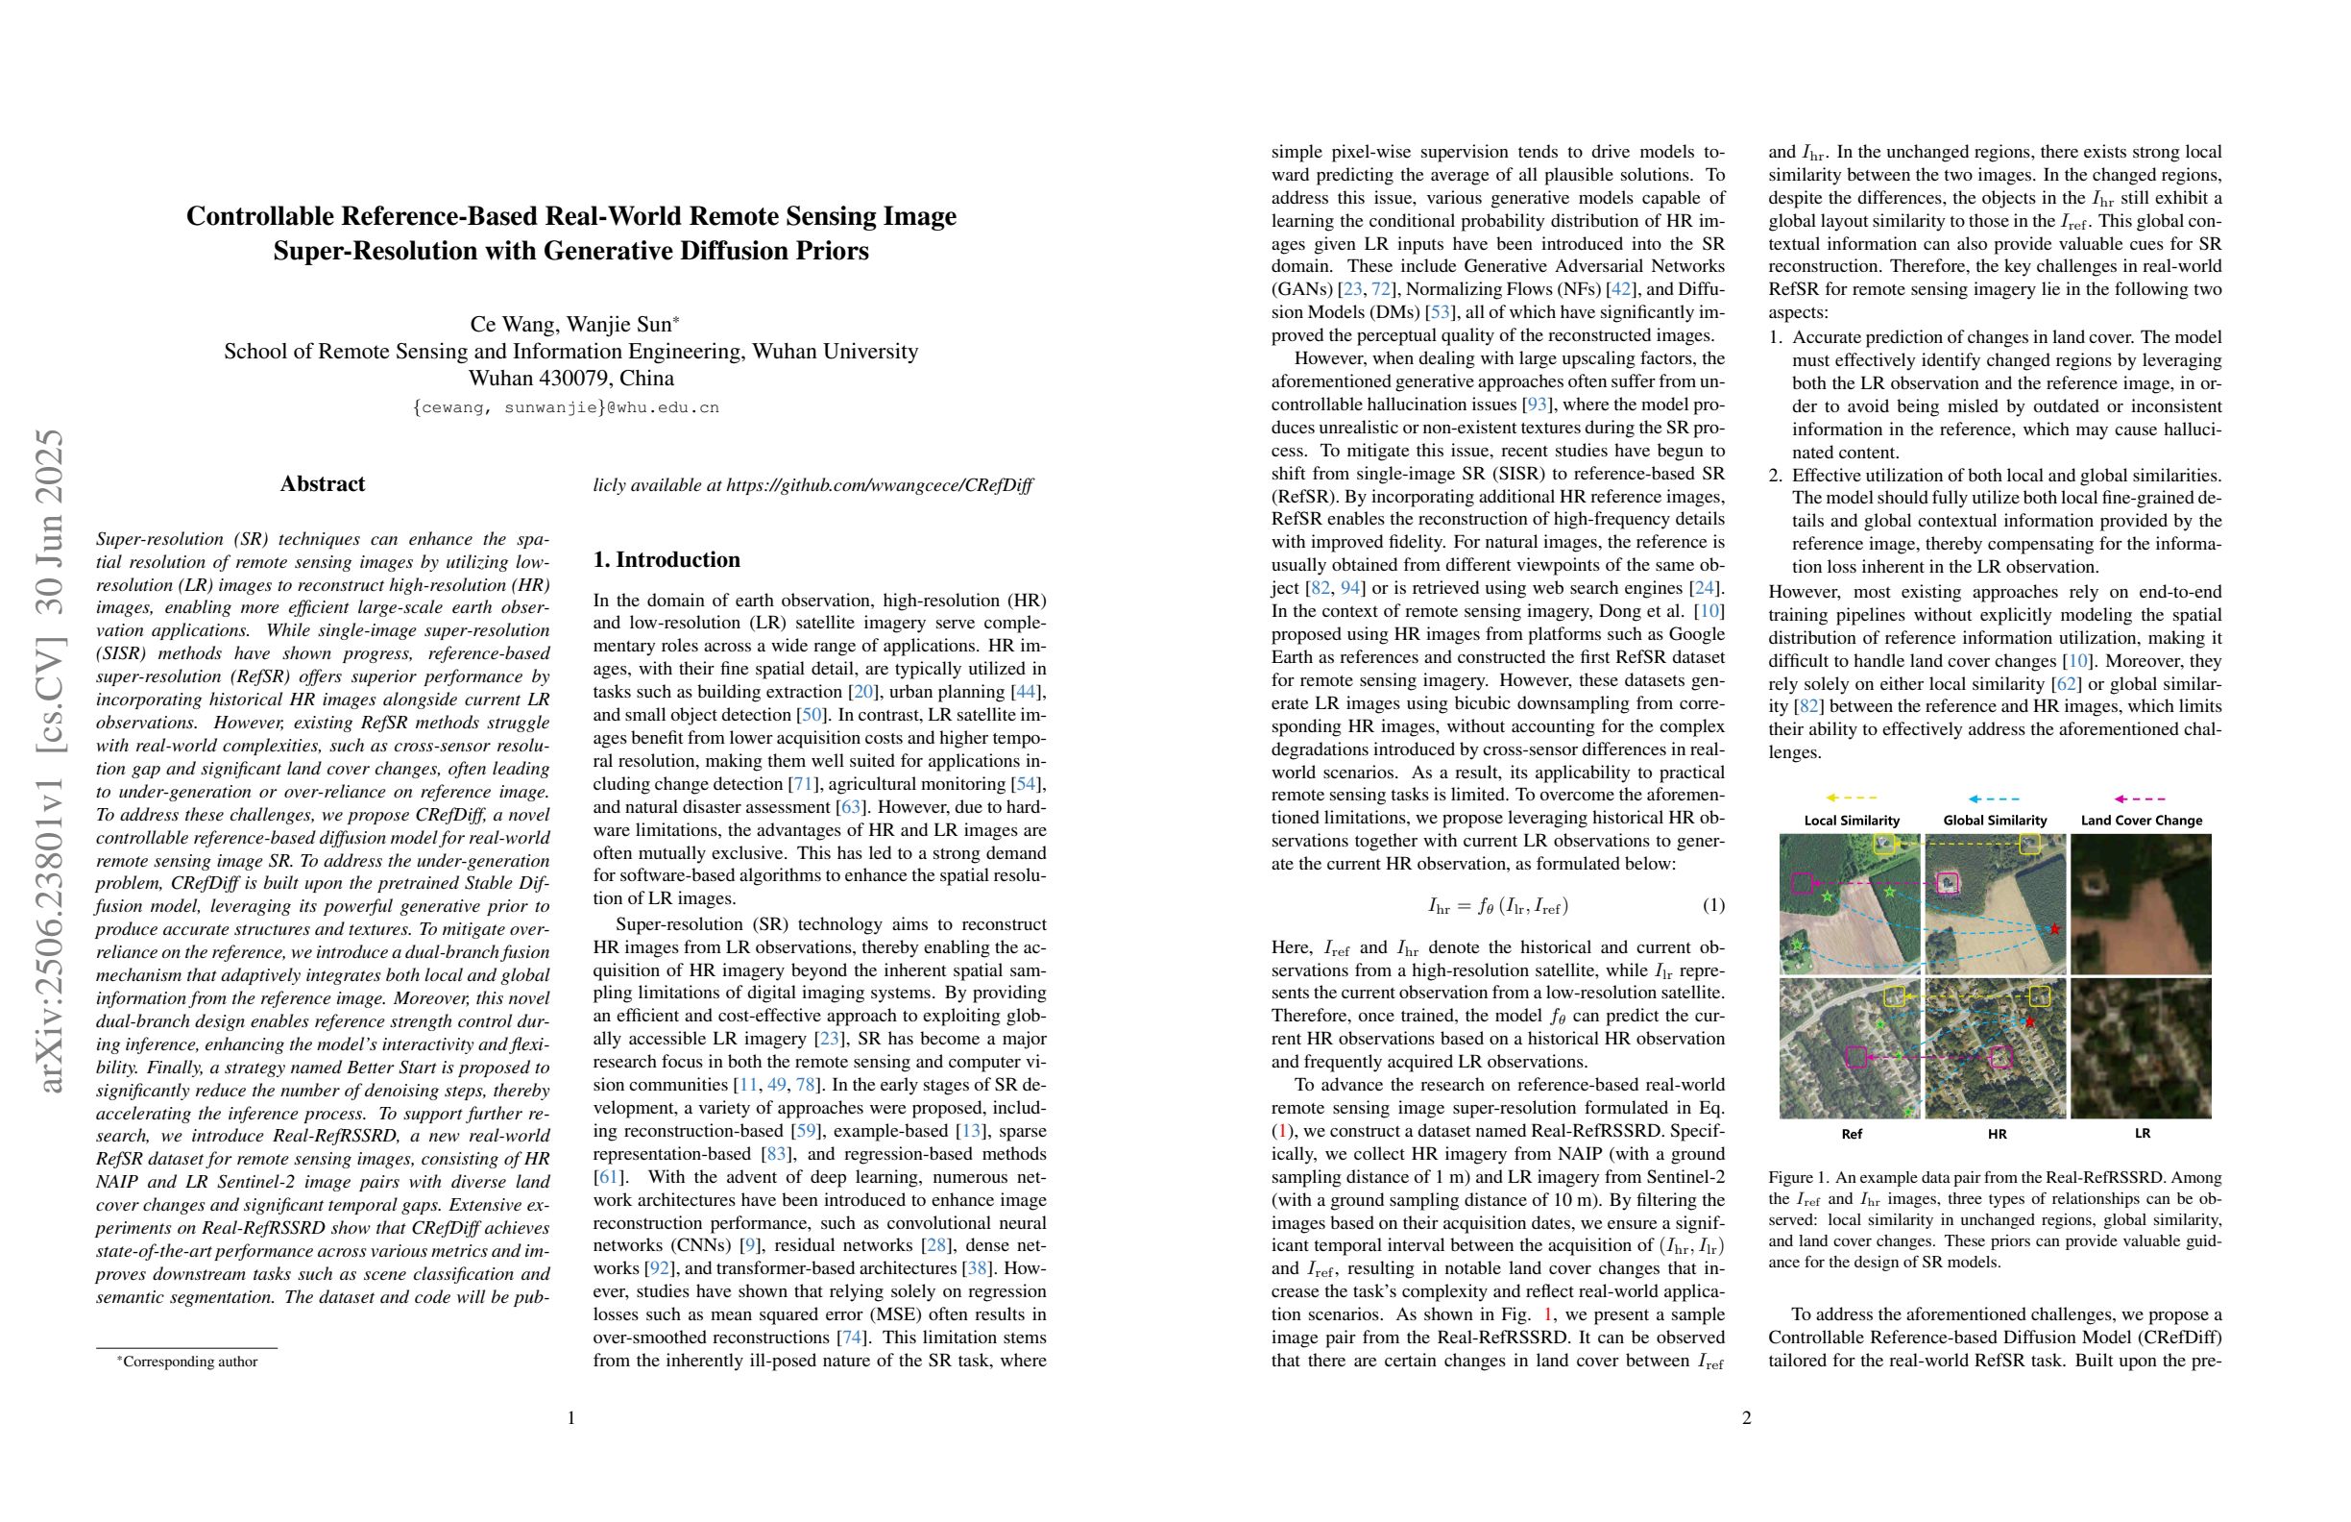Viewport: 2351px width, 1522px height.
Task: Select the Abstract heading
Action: point(322,483)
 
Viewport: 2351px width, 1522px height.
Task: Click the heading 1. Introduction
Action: point(666,559)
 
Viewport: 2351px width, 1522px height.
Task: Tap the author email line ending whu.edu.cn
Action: point(566,407)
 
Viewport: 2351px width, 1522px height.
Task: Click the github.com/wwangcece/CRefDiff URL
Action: point(879,485)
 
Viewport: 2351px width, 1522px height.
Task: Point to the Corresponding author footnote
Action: point(186,1361)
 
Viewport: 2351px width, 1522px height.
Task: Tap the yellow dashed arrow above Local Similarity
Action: point(1852,798)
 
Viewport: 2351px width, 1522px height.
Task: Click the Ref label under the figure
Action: point(1852,1134)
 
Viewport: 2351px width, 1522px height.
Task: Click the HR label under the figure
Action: point(1997,1134)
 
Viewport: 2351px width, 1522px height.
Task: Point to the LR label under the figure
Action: point(2142,1134)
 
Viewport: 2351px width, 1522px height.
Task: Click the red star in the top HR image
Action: point(2054,929)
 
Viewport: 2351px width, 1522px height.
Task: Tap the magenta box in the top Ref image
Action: point(1802,884)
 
